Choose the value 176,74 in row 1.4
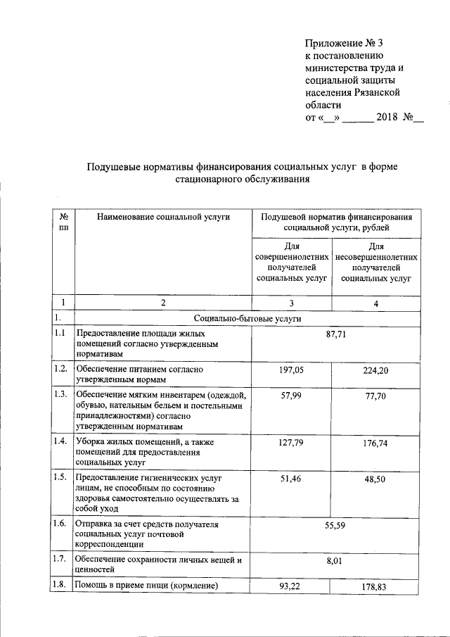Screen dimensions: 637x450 pos(376,443)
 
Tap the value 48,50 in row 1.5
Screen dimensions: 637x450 pos(376,479)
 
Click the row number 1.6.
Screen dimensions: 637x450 pos(60,524)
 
